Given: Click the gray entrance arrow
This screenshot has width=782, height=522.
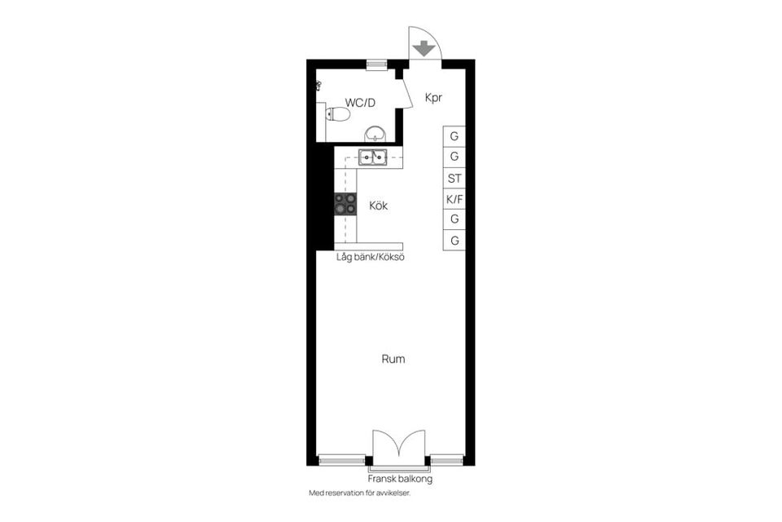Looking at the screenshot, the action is coord(424,48).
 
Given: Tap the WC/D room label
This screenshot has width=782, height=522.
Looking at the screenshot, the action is coord(360,103).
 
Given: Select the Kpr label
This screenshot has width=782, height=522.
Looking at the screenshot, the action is coord(433,97).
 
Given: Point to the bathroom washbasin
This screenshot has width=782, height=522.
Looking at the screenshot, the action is coord(375,134).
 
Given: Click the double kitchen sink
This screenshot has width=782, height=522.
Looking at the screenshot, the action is coord(372,158).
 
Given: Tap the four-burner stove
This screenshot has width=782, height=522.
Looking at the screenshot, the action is coord(345,204).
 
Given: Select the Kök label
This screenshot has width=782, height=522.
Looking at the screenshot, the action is coord(379,206).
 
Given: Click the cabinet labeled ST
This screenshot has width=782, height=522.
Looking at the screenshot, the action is coord(455,178).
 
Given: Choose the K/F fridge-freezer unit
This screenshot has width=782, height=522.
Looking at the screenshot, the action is coord(455,199).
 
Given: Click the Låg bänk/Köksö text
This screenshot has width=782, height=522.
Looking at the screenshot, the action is coord(370,258).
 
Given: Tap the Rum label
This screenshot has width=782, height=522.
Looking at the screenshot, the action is coord(393,359).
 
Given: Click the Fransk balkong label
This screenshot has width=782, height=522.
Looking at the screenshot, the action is coord(400,479).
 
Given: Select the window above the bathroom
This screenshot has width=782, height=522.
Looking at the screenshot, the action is coord(376,64).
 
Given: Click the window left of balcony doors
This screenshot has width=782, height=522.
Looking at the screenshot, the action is coord(341,460).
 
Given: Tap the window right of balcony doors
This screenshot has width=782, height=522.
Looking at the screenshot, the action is coord(447,460).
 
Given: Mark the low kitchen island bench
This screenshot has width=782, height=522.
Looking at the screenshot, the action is coord(368,246).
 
